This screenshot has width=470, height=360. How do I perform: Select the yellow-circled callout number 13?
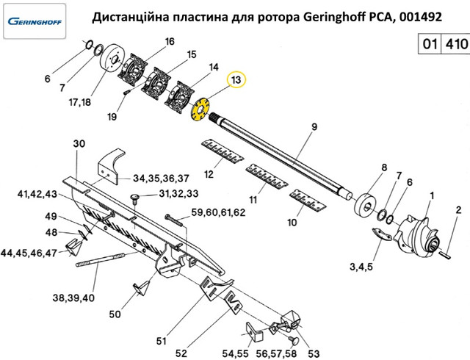(236, 79)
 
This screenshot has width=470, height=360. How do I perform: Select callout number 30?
(81, 144)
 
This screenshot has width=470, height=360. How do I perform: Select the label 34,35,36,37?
(161, 178)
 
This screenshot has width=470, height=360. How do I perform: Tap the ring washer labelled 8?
(364, 202)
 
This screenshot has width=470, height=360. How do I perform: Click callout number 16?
(170, 42)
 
